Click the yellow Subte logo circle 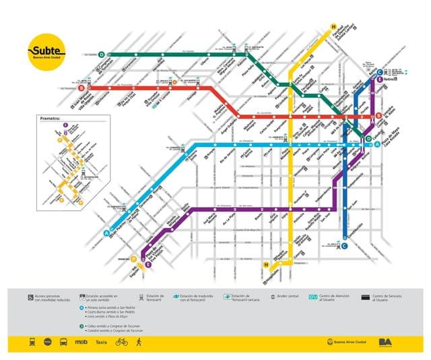point(46,51)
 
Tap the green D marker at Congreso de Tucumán point(102,54)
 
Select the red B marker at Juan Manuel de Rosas point(81,87)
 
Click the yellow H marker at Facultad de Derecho point(333,28)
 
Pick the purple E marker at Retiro point(380,80)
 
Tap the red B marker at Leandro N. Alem point(378,115)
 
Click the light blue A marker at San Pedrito point(106,233)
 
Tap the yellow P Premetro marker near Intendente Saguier point(134,260)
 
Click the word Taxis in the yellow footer point(101,341)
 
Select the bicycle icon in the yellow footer point(122,341)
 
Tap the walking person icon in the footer point(139,341)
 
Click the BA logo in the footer point(386,341)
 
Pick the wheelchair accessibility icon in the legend point(31,296)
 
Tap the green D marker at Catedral point(368,139)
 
